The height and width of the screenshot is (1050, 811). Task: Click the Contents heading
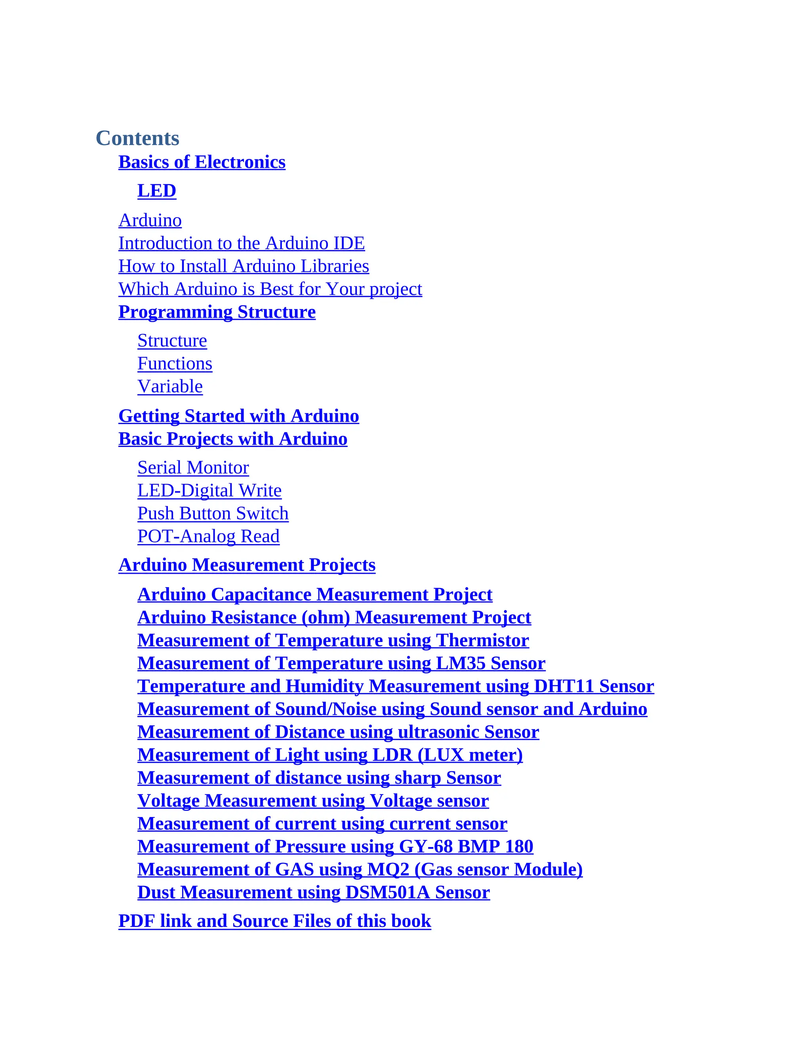137,138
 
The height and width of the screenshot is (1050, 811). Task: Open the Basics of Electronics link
202,162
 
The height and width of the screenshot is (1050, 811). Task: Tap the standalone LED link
157,191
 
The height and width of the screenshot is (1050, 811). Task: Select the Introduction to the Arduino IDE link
242,243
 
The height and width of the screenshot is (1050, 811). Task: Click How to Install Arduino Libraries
244,266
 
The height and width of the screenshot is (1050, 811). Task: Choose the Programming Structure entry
217,312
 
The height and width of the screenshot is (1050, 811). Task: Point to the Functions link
174,364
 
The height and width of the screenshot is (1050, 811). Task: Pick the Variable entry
170,387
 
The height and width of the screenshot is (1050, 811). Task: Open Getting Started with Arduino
238,416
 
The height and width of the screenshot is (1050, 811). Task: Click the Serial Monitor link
193,468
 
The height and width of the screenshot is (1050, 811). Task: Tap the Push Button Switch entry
213,514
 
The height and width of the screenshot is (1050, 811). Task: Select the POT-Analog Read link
208,536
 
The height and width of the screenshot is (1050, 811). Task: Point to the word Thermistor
482,640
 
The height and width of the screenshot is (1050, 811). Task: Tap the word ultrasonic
438,732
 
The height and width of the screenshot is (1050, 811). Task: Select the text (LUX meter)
470,755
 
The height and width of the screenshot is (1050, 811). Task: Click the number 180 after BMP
519,847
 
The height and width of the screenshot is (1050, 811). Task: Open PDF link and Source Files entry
274,921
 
